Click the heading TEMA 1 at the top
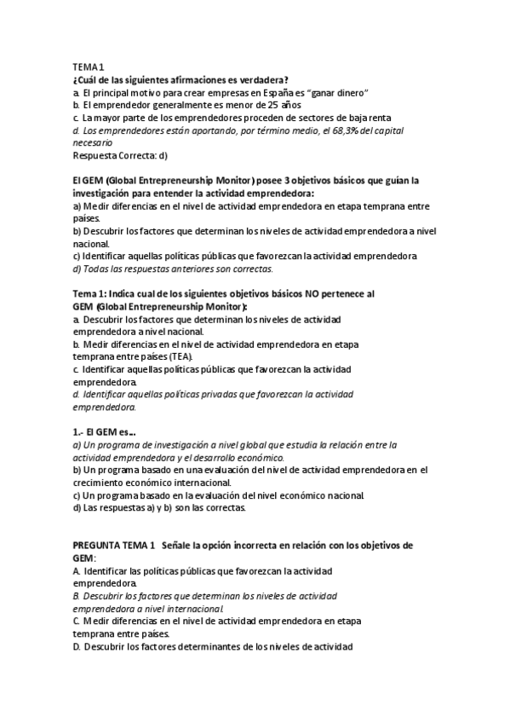click(88, 67)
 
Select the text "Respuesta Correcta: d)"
click(120, 156)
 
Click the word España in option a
click(272, 92)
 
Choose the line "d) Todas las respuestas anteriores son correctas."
click(173, 269)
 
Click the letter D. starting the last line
click(77, 647)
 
